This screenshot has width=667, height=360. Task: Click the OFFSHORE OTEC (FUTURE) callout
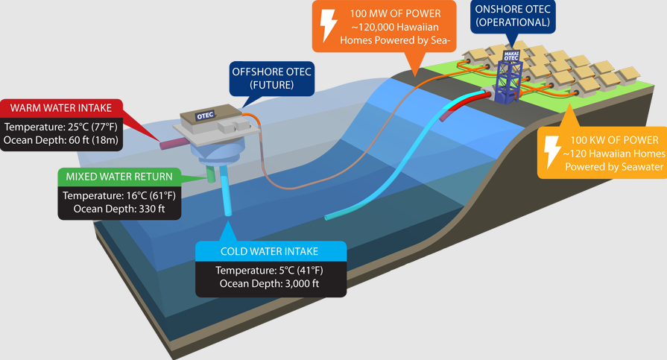point(273,78)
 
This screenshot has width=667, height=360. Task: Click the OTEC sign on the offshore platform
point(206,116)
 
